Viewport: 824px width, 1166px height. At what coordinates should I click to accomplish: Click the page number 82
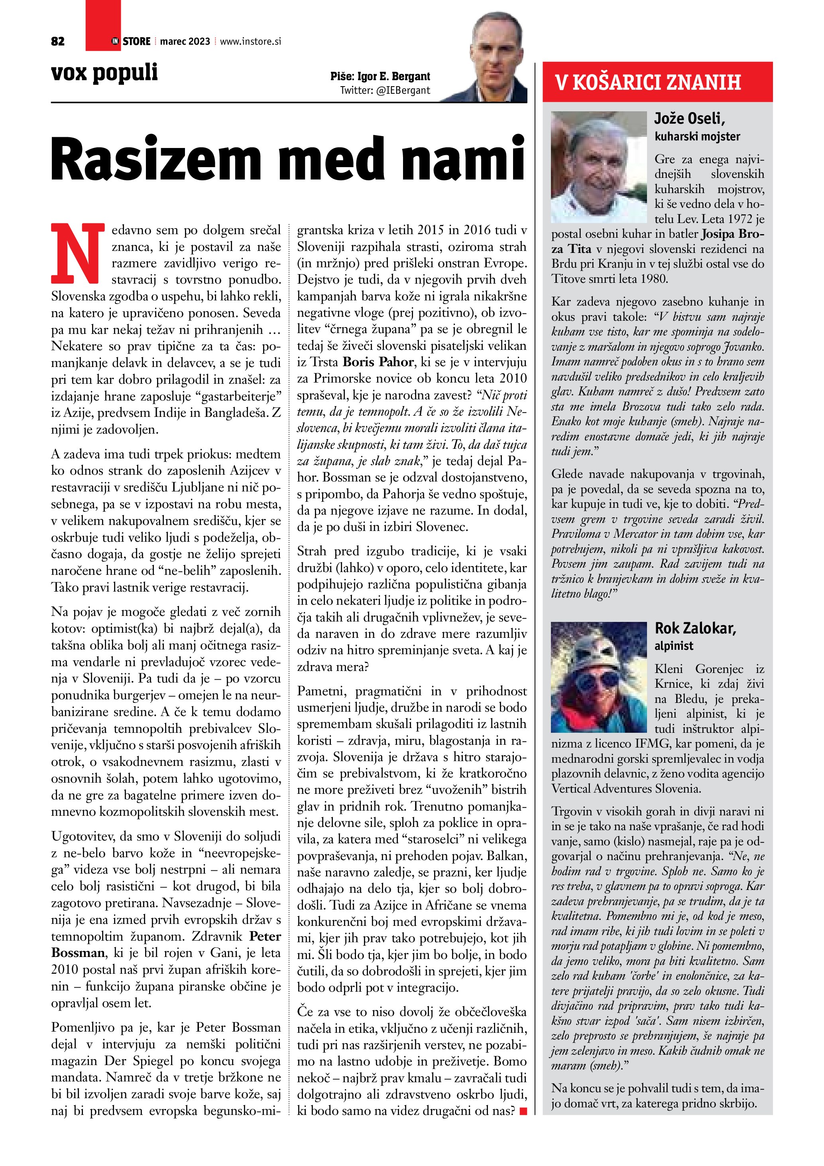click(x=58, y=41)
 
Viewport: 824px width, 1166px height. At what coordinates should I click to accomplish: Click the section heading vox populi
click(x=104, y=73)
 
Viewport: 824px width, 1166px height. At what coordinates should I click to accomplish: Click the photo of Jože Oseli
click(x=599, y=167)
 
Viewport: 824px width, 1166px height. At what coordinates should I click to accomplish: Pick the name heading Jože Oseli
click(x=689, y=119)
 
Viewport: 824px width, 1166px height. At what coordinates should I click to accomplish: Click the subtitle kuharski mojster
click(x=697, y=136)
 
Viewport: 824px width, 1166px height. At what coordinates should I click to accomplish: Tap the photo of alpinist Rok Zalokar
click(x=599, y=677)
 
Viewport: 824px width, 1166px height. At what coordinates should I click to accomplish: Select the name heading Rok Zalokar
click(x=695, y=628)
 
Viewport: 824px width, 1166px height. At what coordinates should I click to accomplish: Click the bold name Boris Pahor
click(x=378, y=362)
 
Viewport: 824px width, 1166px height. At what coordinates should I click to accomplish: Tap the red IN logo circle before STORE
click(x=115, y=41)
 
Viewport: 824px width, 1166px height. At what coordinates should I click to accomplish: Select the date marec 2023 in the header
click(x=185, y=41)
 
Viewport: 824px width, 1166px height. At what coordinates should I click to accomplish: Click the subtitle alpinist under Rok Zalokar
click(x=673, y=645)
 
